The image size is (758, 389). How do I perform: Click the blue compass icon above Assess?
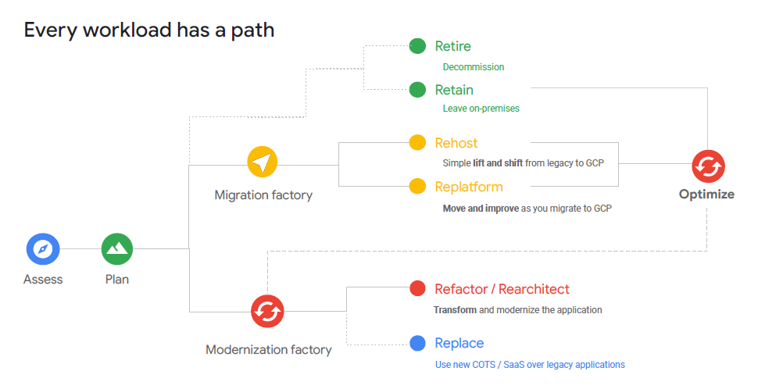click(x=43, y=249)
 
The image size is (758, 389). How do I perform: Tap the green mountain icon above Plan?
click(x=117, y=249)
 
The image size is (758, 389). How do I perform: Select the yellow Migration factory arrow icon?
click(x=263, y=162)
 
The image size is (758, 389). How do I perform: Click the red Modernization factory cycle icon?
click(x=267, y=311)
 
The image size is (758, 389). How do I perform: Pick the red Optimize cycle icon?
click(x=708, y=166)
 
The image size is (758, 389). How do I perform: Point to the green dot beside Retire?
click(x=418, y=46)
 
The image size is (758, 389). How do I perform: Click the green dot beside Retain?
click(x=418, y=90)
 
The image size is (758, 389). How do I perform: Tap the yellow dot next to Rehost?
click(x=418, y=143)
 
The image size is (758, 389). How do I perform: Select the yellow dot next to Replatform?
click(x=418, y=187)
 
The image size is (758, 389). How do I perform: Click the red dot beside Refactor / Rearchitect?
click(x=418, y=289)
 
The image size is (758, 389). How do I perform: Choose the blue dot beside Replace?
click(x=418, y=343)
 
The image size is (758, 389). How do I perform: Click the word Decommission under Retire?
click(x=474, y=67)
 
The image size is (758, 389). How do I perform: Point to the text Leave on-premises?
click(x=481, y=109)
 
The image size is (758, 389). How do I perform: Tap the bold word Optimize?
click(x=706, y=194)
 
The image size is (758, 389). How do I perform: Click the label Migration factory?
click(x=263, y=195)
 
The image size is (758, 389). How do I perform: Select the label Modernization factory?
click(x=268, y=350)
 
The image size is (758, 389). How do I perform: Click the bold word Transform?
click(x=454, y=310)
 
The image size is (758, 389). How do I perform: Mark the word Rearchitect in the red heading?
click(x=534, y=289)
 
